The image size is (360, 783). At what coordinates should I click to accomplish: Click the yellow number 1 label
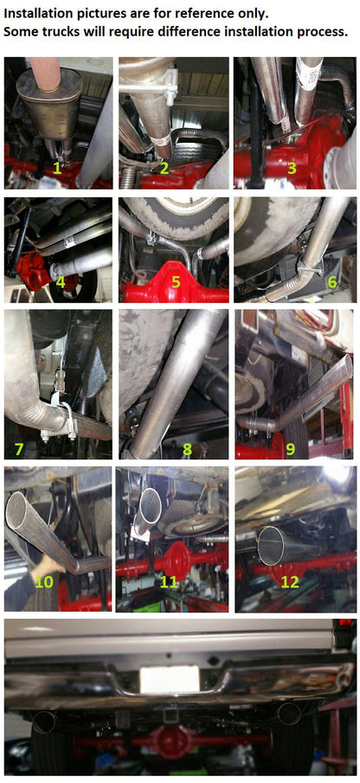click(x=58, y=168)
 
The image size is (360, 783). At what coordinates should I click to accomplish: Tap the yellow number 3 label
click(x=292, y=167)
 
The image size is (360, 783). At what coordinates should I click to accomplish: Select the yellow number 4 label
click(x=60, y=281)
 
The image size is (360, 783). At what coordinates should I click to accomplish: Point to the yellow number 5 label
click(x=175, y=281)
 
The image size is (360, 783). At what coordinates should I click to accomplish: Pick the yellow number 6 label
click(x=331, y=281)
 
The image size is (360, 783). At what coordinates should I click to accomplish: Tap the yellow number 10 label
click(x=44, y=582)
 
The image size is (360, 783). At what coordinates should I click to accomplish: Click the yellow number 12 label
click(x=289, y=581)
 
